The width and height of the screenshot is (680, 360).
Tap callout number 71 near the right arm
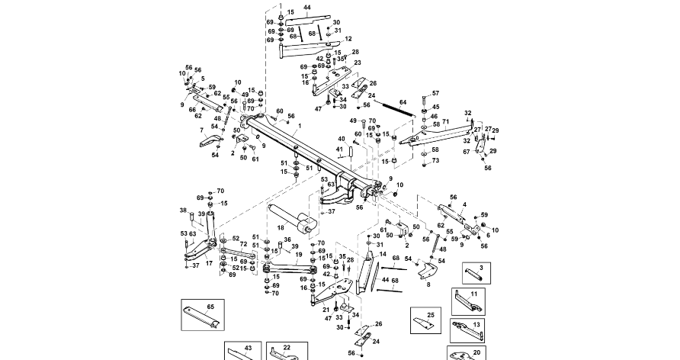tap(445, 122)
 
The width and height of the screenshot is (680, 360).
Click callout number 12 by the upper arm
tap(348, 38)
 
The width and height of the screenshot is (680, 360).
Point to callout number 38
tap(182, 210)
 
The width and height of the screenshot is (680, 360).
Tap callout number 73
tap(435, 161)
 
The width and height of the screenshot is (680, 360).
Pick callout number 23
tap(357, 63)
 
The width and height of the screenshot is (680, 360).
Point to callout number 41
tap(340, 149)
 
